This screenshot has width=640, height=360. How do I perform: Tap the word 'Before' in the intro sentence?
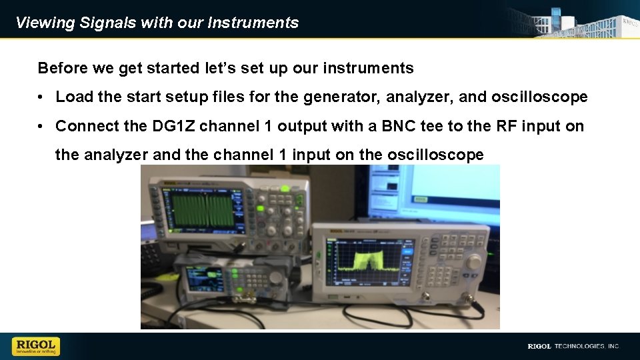pyautogui.click(x=59, y=68)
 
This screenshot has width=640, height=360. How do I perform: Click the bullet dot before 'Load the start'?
pyautogui.click(x=41, y=97)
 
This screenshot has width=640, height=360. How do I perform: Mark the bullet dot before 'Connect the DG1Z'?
pyautogui.click(x=41, y=127)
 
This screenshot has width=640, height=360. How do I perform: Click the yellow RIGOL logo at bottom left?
pyautogui.click(x=35, y=346)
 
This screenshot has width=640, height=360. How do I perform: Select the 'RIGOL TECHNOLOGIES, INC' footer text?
pyautogui.click(x=573, y=346)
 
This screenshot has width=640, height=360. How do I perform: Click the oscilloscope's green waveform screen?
pyautogui.click(x=200, y=209)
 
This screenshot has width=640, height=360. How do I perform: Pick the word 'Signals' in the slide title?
pyautogui.click(x=107, y=23)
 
